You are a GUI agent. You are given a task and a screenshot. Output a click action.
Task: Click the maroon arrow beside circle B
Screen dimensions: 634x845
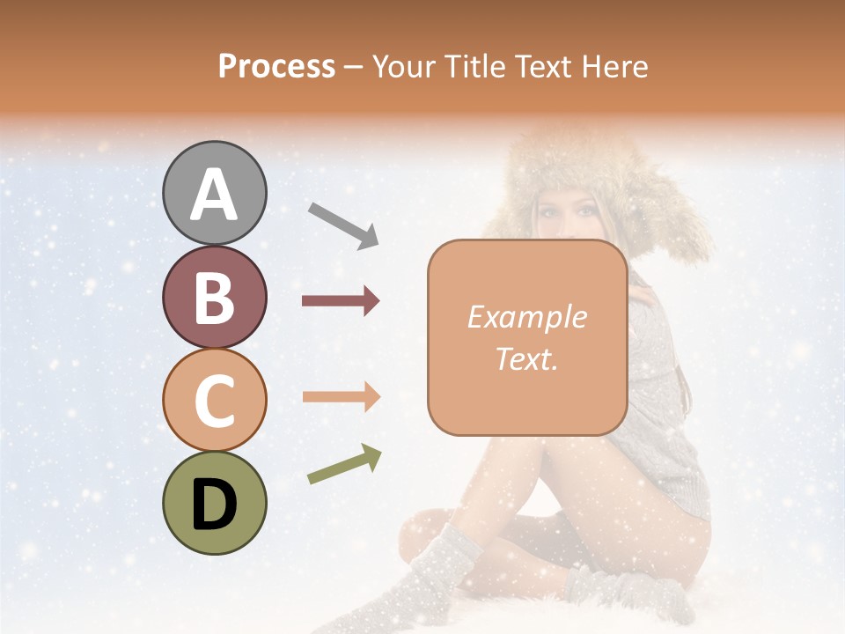coord(341,301)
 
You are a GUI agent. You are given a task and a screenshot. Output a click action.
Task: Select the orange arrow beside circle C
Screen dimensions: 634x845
coord(341,396)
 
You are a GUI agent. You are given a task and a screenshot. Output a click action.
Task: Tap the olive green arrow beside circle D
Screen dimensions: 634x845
coord(344,464)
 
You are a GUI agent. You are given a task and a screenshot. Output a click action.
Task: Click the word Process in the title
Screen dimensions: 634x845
coord(276,66)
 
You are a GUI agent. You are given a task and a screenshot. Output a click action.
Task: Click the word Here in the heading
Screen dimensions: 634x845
coord(616,66)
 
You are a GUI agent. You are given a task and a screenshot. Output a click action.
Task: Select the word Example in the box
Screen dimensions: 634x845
coord(526,317)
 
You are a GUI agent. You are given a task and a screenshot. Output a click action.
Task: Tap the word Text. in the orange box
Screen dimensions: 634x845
coord(526,358)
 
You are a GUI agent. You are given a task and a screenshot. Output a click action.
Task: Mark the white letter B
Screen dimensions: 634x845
coord(214,297)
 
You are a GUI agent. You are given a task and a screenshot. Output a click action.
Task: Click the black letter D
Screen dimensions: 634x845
coord(214,505)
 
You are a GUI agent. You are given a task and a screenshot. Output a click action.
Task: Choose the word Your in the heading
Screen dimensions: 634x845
coord(404,66)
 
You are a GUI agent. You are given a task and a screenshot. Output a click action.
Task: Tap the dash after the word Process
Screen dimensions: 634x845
coord(353,67)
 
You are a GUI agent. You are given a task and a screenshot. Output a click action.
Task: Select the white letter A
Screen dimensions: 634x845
coord(214,195)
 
